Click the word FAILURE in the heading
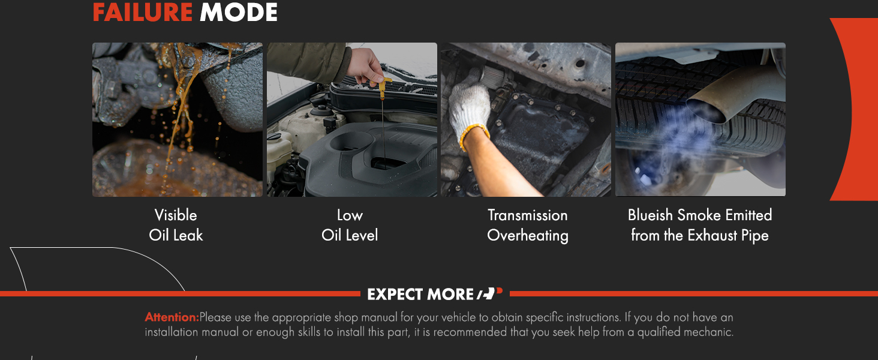coord(142,12)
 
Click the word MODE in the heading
coord(238,12)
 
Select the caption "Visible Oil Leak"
coord(176,225)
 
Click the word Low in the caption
coord(350,215)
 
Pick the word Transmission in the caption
coord(528,215)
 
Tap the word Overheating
coord(528,236)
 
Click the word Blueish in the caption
coord(650,215)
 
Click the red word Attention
coord(172,317)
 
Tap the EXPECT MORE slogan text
coord(420,294)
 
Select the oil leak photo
coord(178,119)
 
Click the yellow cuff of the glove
coord(474,135)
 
